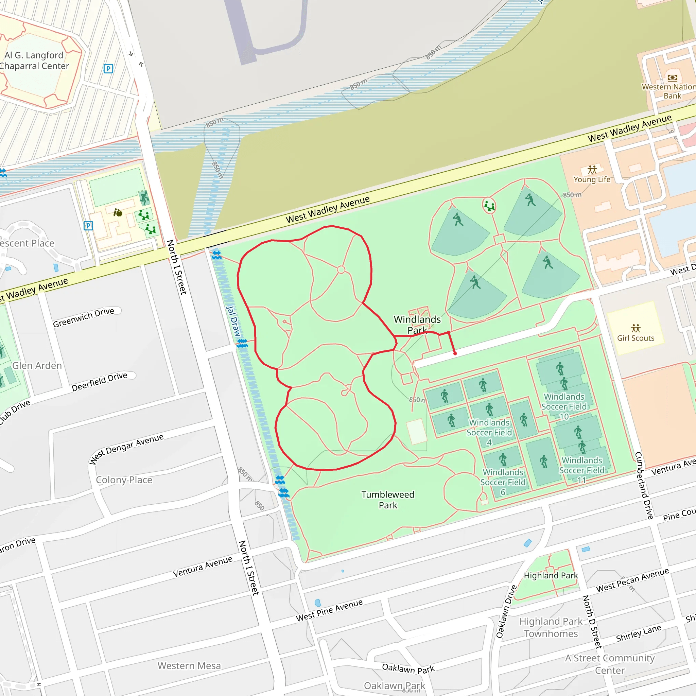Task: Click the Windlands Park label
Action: [x=417, y=324]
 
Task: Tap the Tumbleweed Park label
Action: [x=388, y=500]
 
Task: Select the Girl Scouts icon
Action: [x=636, y=328]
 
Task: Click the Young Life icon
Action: [x=592, y=170]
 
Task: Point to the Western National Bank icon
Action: [x=672, y=77]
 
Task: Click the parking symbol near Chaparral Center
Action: [x=108, y=68]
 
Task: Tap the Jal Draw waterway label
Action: [x=233, y=321]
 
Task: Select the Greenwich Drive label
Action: [x=84, y=317]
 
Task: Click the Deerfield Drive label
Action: [x=100, y=382]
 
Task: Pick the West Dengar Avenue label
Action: [x=126, y=449]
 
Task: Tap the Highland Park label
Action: [x=551, y=575]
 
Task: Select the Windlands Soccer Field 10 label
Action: [x=564, y=406]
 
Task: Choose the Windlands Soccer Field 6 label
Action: [x=503, y=482]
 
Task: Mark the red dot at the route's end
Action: [x=455, y=353]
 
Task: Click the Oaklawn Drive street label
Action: [x=506, y=612]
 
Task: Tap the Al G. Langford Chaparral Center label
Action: [x=34, y=60]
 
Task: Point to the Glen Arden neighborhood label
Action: [x=37, y=366]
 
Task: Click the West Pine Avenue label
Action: [x=329, y=610]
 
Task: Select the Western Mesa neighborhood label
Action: [x=189, y=666]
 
